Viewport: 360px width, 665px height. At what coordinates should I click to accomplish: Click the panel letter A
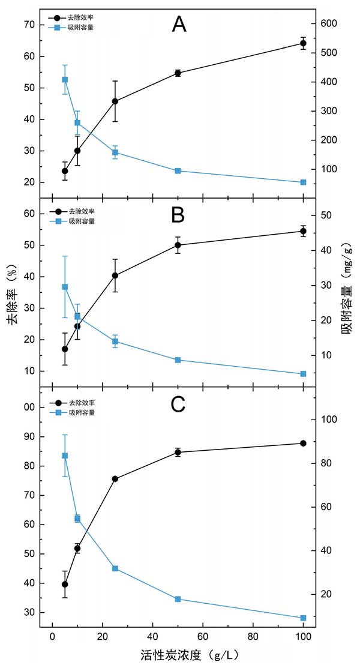point(179,25)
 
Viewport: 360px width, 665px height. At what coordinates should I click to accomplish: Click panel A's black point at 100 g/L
point(303,43)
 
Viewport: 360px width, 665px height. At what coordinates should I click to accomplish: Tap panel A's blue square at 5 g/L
point(65,80)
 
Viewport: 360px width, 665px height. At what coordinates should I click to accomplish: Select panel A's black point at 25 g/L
point(115,101)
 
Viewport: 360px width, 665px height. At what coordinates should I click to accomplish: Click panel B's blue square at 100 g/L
point(303,374)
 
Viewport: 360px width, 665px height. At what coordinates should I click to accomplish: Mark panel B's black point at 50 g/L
point(178,245)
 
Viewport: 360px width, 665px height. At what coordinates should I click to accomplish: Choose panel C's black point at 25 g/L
point(115,479)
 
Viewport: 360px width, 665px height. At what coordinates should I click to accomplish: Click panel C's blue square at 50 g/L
point(178,599)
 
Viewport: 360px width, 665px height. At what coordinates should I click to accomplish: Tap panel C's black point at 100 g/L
point(303,444)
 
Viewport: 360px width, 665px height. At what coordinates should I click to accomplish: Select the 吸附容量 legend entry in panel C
point(84,412)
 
